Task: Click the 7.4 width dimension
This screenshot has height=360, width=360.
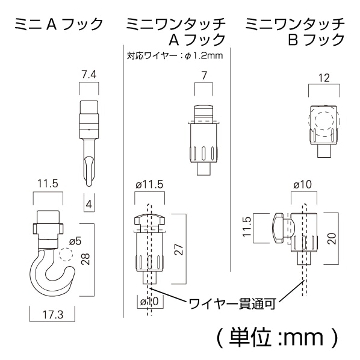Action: (88, 75)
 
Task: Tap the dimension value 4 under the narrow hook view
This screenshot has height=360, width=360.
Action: (89, 204)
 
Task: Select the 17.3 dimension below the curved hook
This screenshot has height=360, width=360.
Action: (52, 314)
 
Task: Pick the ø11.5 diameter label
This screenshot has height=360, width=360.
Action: (150, 185)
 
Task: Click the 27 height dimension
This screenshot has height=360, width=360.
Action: (178, 250)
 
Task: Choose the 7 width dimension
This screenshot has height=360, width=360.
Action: (205, 75)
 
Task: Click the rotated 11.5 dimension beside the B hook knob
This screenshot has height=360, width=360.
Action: (248, 228)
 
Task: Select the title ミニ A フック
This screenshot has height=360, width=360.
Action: (58, 25)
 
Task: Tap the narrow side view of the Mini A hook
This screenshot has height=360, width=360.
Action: (88, 141)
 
